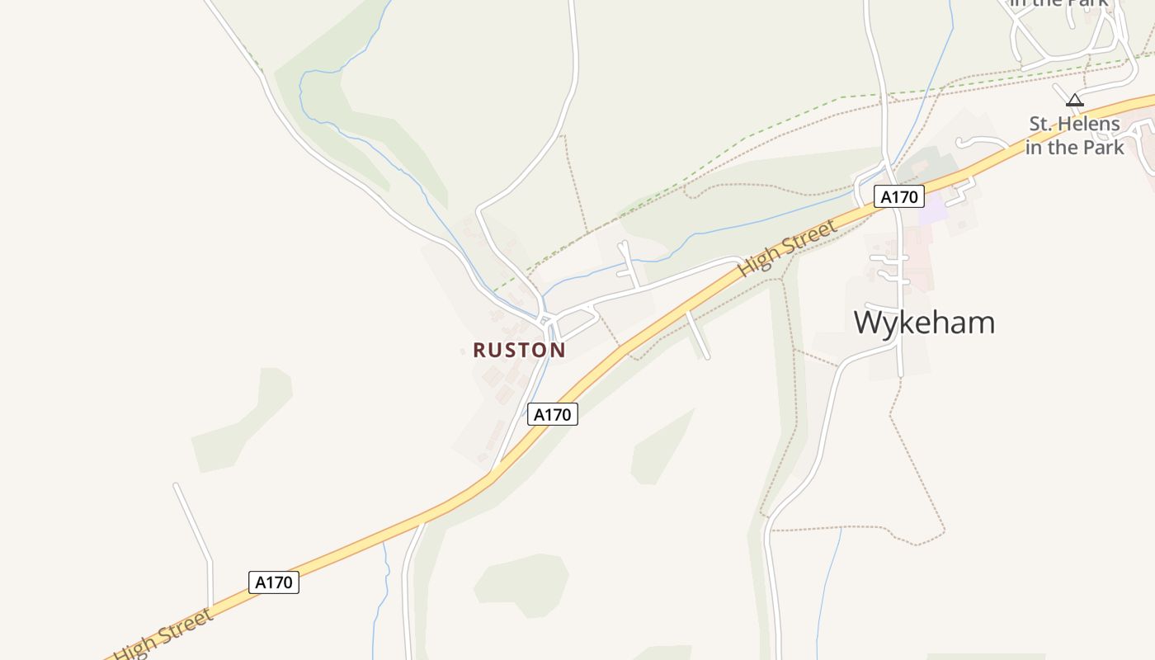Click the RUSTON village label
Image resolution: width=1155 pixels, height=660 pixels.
(x=519, y=350)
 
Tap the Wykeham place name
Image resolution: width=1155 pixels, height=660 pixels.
(x=924, y=322)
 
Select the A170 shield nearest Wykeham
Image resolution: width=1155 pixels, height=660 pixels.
(x=898, y=196)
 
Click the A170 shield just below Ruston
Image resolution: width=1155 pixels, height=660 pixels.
(x=552, y=414)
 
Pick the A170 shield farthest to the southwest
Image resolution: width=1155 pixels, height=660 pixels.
(x=273, y=582)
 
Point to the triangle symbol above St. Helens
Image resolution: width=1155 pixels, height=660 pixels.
(x=1074, y=101)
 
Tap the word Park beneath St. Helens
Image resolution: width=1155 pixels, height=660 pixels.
(x=1103, y=148)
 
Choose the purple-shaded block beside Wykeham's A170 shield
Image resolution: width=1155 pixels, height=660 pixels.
(x=933, y=210)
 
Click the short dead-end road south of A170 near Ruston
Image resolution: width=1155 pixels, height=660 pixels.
(x=698, y=334)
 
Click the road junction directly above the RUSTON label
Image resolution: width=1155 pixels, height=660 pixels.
(x=545, y=318)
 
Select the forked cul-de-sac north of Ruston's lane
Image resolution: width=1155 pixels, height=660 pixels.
(x=629, y=262)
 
